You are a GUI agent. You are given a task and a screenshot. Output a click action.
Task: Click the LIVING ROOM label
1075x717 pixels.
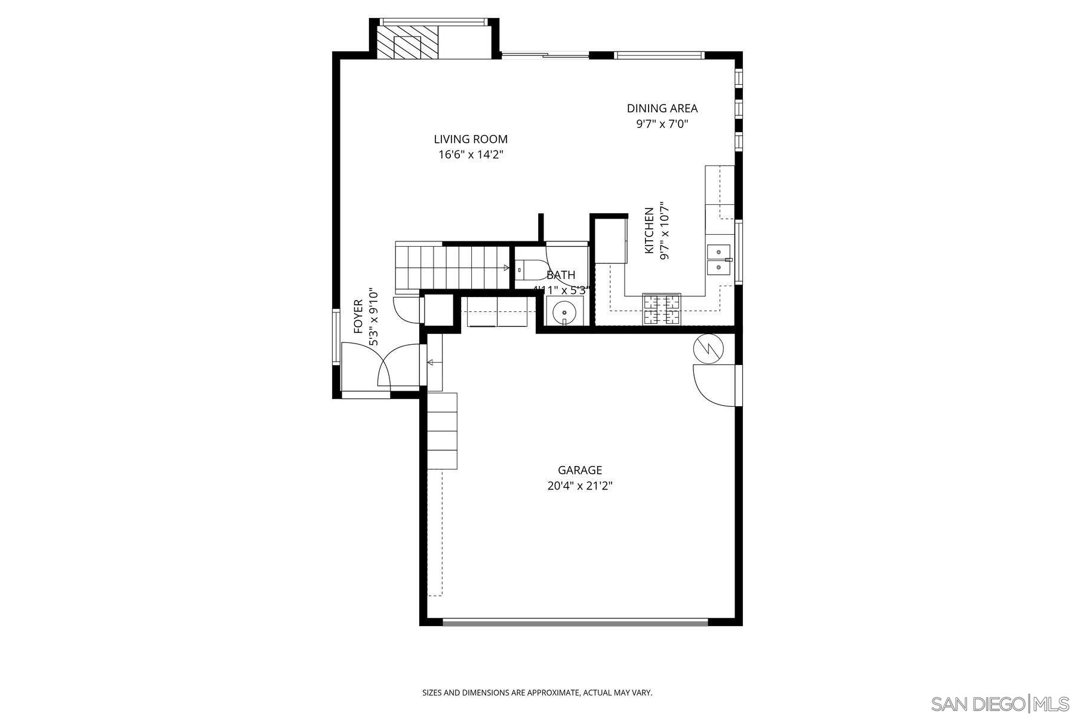point(471,139)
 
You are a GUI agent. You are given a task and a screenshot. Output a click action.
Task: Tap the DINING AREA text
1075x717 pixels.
point(662,108)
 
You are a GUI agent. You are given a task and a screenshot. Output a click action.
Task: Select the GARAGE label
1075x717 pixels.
point(579,470)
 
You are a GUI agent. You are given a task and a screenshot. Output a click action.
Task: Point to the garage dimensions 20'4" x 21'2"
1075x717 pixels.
point(579,486)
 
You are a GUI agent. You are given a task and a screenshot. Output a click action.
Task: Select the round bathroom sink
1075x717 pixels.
point(564,312)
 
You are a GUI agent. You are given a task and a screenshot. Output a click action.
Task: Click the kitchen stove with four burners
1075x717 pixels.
point(662,309)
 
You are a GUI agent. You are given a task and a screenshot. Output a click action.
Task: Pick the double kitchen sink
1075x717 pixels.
point(718,259)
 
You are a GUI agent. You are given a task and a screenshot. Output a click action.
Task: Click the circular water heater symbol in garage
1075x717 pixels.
point(709,348)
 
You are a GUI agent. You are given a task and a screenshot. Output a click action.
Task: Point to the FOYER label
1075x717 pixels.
point(358,317)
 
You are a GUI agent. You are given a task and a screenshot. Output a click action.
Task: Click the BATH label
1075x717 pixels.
point(561,275)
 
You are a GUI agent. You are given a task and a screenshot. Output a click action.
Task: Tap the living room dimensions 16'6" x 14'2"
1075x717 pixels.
point(471,155)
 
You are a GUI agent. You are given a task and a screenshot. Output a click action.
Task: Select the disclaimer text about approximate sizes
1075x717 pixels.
point(537,693)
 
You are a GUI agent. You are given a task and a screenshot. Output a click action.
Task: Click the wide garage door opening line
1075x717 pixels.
point(575,621)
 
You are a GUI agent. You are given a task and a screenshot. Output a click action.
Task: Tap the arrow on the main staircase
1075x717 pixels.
point(506,268)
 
